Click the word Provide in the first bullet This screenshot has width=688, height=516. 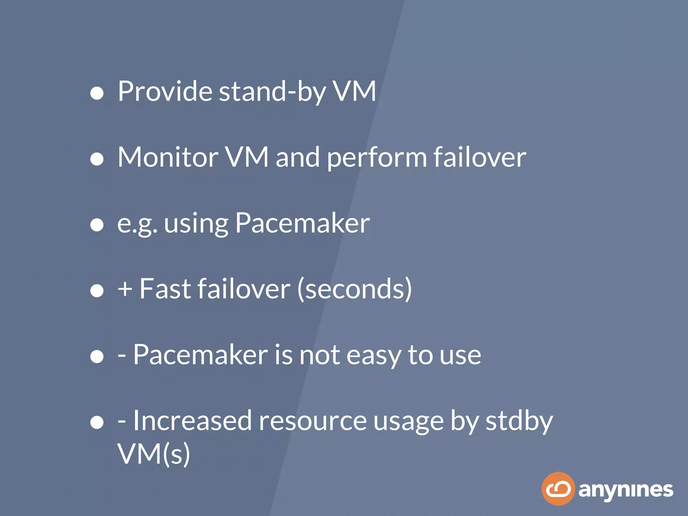click(165, 91)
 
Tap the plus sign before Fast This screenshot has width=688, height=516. click(125, 289)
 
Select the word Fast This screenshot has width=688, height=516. click(165, 289)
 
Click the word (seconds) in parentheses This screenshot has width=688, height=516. click(355, 289)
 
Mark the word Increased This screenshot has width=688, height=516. click(192, 421)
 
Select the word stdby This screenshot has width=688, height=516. click(519, 421)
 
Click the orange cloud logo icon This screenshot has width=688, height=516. click(558, 489)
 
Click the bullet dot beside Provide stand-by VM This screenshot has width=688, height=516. click(97, 93)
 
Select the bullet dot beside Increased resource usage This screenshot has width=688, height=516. click(97, 422)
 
